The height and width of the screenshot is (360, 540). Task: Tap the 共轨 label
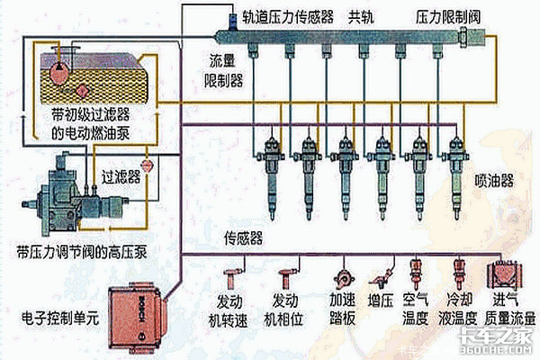[364, 17]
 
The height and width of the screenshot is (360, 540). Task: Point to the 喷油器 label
[493, 180]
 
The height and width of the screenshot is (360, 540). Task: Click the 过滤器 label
[119, 176]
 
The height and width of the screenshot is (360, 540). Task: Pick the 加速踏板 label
[346, 308]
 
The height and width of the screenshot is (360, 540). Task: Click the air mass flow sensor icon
[501, 272]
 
